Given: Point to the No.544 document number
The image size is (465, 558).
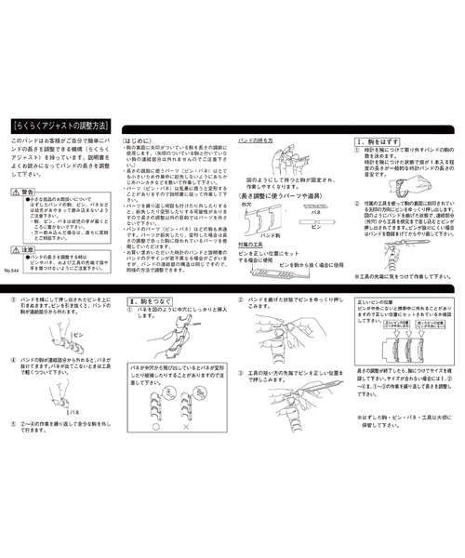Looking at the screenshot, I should (x=12, y=271).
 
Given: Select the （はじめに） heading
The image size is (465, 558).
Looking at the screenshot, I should (x=138, y=135).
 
